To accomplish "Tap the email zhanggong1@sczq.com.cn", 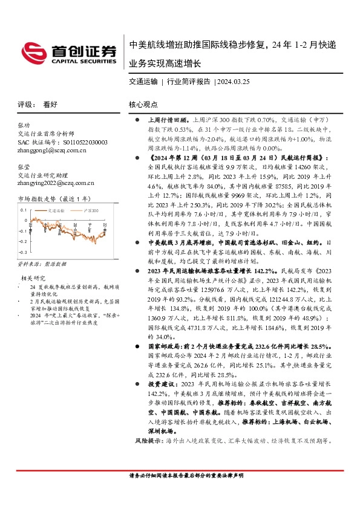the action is point(53,150).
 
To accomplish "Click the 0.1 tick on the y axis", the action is point(24,209).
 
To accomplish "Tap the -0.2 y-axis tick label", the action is point(22,241).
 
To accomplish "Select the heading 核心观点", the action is point(143,105).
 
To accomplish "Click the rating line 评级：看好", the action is point(38,104).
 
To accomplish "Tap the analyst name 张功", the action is point(24,125).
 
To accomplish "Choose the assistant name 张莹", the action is point(24,166).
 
